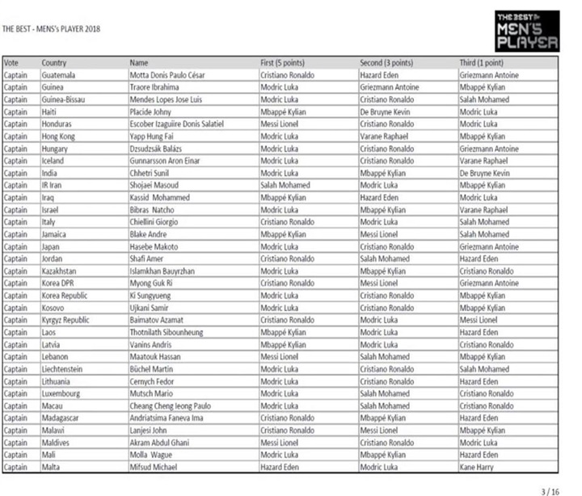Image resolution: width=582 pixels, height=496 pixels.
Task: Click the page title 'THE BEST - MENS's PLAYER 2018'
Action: pos(53,29)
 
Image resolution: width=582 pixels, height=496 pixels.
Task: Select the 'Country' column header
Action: pos(54,62)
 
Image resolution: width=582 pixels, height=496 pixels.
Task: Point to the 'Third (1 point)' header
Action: pos(481,62)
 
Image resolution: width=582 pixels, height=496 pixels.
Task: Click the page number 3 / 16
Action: pos(550,490)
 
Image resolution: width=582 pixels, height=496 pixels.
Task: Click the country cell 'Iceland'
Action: pos(55,160)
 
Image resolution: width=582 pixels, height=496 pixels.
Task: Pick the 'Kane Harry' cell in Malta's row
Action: pos(477,466)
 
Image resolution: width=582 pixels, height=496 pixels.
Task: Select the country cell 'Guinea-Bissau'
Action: pos(64,99)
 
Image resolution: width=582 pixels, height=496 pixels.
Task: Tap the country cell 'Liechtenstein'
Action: pos(64,368)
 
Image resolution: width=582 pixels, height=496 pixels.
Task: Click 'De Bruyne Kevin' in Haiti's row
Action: pos(386,111)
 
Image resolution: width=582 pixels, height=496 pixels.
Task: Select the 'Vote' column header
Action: pos(11,62)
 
